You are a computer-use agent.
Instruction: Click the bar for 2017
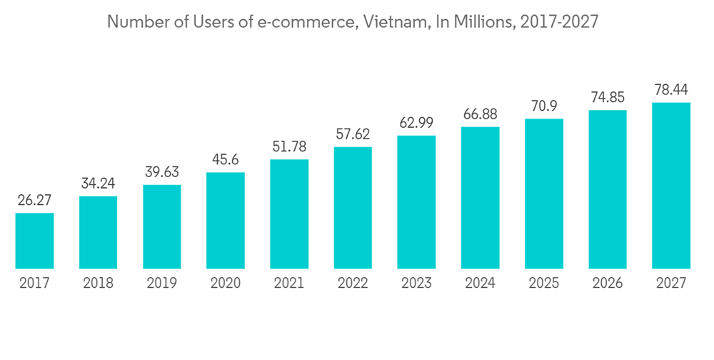(x=34, y=241)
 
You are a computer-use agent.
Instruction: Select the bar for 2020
(x=226, y=221)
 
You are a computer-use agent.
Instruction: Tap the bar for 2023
(x=416, y=202)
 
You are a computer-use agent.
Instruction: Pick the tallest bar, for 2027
(x=671, y=186)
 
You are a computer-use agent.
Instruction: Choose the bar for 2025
(x=544, y=194)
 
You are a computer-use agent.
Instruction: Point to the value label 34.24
(x=98, y=184)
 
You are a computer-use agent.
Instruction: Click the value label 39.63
(x=161, y=172)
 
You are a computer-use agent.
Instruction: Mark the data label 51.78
(x=289, y=146)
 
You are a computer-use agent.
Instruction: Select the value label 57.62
(x=353, y=134)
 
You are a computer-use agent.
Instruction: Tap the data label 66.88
(x=480, y=114)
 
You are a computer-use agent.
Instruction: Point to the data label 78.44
(x=671, y=90)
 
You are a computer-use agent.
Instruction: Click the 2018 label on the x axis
(x=98, y=284)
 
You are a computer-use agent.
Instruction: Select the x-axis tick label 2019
(x=161, y=284)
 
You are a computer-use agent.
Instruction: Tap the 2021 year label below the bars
(x=289, y=284)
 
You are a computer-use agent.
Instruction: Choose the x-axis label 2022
(x=353, y=284)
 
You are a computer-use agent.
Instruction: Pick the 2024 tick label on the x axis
(x=480, y=284)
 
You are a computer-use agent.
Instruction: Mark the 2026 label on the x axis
(x=608, y=284)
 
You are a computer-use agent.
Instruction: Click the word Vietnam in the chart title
(x=391, y=22)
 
